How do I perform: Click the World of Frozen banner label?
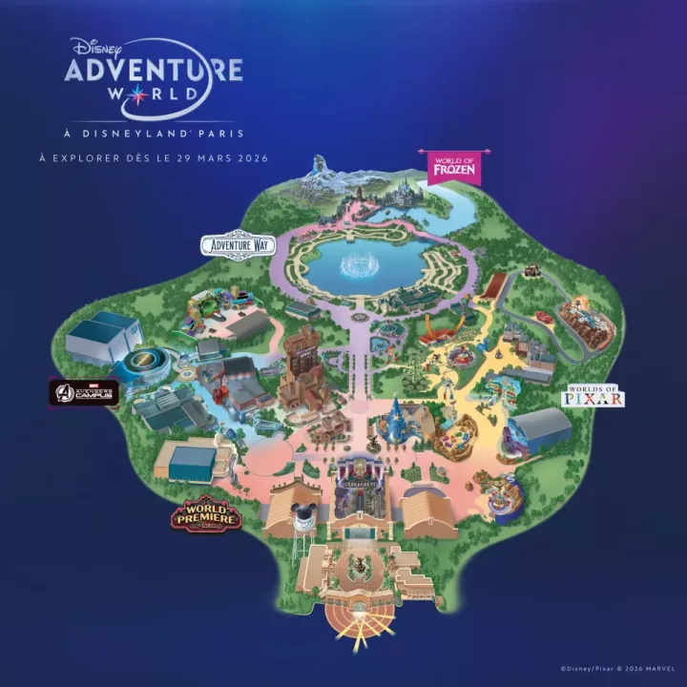451,165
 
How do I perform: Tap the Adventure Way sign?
237,245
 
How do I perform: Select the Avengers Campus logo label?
85,392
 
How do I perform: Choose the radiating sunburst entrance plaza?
354,616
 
